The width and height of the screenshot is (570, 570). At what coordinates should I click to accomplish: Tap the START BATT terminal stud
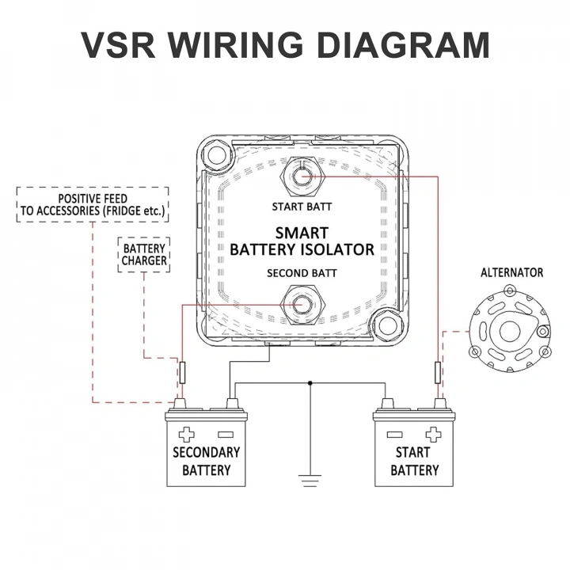pos(302,176)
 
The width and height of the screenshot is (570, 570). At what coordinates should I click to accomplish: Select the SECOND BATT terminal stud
pos(302,306)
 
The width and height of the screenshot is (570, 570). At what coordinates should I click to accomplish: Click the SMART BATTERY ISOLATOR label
pos(302,241)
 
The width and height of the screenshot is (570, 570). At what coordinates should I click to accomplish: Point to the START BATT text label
pos(302,207)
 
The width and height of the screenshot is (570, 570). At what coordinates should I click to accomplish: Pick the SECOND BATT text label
pos(302,273)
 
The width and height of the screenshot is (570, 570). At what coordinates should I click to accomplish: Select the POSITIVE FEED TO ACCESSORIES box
pos(93,204)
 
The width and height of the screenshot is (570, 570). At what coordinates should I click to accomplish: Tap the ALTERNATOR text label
pos(511,272)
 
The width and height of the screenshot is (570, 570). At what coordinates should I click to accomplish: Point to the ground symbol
pos(310,477)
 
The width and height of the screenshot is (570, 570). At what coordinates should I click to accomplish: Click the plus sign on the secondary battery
pos(187,434)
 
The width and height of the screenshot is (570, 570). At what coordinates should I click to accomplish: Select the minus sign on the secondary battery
pos(225,434)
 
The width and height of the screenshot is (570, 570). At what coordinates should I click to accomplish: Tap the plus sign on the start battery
pos(432,434)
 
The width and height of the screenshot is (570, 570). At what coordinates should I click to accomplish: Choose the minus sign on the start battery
pos(394,434)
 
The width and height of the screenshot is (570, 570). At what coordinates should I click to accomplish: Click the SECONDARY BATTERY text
pos(206,461)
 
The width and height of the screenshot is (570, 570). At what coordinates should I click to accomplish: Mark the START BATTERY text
pos(414,461)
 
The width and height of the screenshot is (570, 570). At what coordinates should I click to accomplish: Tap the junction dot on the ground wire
pos(310,382)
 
